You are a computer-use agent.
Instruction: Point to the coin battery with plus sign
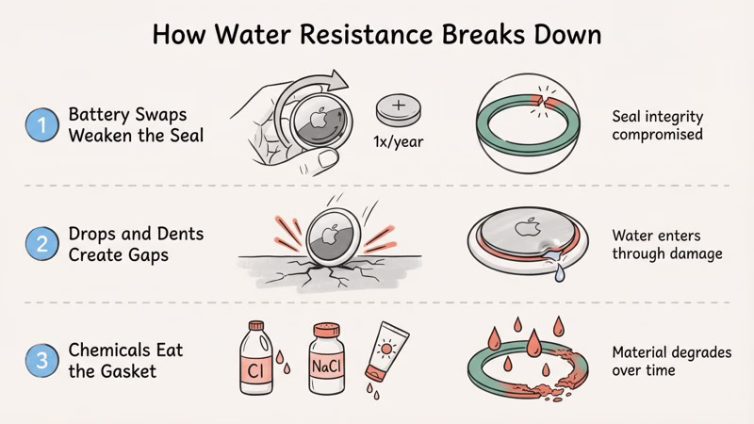[396, 111]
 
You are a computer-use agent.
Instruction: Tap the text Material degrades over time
[656, 361]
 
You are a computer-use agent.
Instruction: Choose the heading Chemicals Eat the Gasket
[124, 361]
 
